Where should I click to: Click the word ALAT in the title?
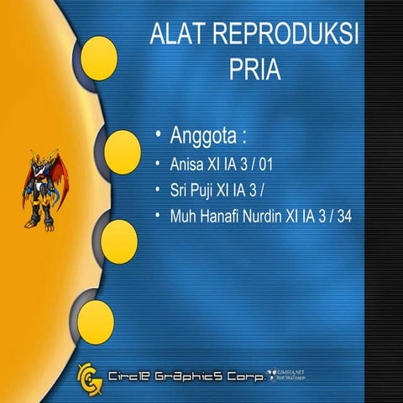[x=178, y=34]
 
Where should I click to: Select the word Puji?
[x=204, y=189]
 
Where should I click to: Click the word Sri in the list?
[x=176, y=189]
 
